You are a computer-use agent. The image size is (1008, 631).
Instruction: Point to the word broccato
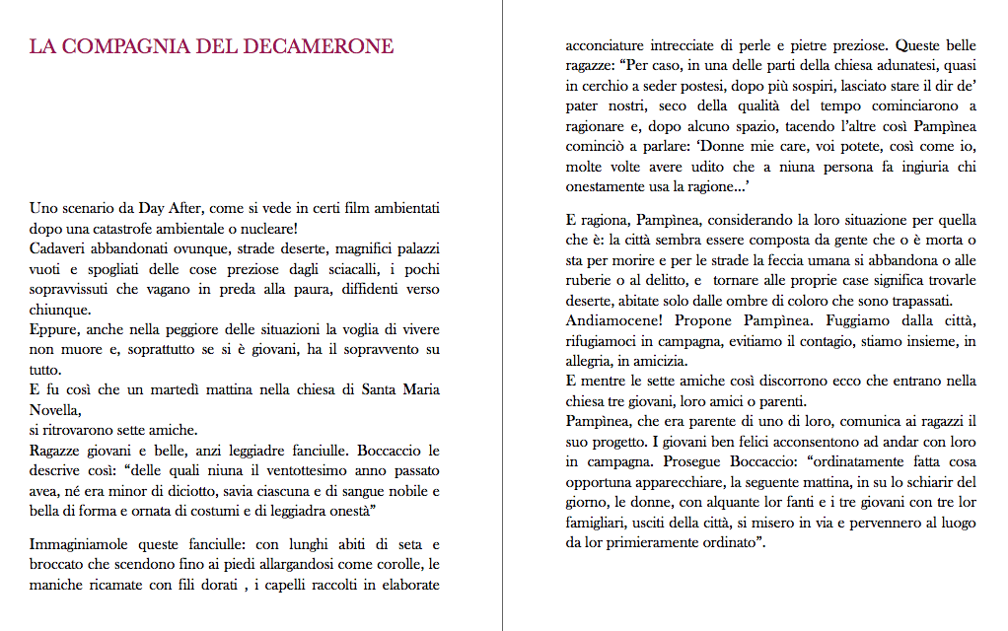click(x=60, y=564)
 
